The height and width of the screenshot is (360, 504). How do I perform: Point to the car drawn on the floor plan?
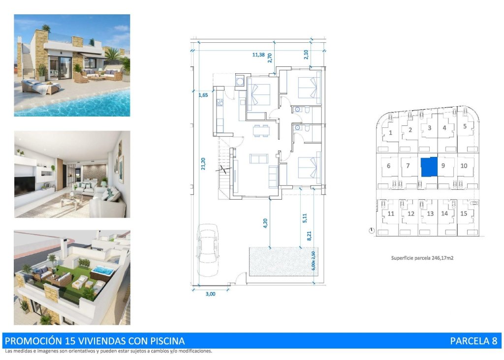[208, 249]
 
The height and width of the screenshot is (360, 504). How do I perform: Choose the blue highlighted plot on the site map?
[429, 167]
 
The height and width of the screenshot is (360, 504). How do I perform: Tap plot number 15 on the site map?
[464, 213]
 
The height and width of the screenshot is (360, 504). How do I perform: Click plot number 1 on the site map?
[390, 132]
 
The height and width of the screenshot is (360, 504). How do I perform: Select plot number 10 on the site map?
[464, 166]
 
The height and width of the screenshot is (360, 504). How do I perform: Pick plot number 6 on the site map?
[389, 166]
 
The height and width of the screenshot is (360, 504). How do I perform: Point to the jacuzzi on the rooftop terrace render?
[103, 270]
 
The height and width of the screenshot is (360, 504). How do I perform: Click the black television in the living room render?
[24, 187]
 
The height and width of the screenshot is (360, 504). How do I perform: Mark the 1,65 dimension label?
[203, 95]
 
